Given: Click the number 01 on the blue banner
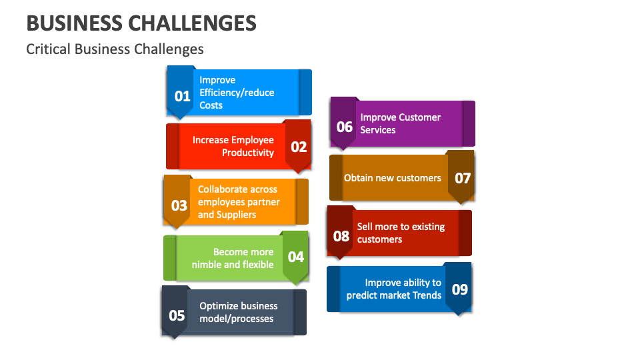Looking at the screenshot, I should click(x=182, y=97).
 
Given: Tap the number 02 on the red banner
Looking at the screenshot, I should click(x=299, y=147).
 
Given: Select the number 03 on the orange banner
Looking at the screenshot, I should click(x=179, y=205).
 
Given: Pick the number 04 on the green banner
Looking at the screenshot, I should click(x=295, y=257).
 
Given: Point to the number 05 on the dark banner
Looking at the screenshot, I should click(x=177, y=315).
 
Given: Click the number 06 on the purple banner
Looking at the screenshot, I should click(x=345, y=126).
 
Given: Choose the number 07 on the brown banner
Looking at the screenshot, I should click(x=463, y=178).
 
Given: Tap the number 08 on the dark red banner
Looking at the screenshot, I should click(x=341, y=236).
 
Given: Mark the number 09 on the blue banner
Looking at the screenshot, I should click(x=460, y=289).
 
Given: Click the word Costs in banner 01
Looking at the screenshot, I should click(x=211, y=105).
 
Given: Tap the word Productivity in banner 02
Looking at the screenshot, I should click(x=248, y=153).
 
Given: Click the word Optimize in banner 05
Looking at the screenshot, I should click(x=219, y=306).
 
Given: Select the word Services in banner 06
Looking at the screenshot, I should click(x=378, y=130).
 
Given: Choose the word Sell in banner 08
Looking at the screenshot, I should click(x=365, y=227).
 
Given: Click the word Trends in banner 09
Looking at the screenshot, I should click(x=427, y=295).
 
